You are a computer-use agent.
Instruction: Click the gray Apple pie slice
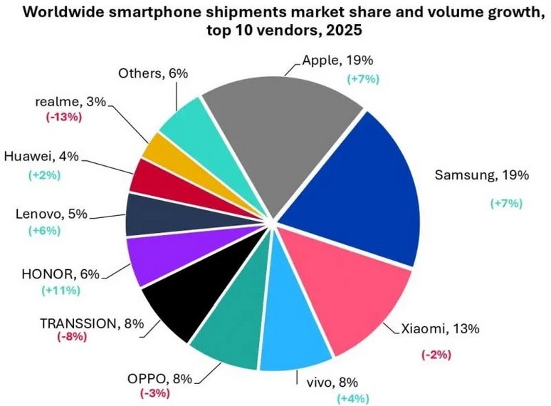click(285, 135)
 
